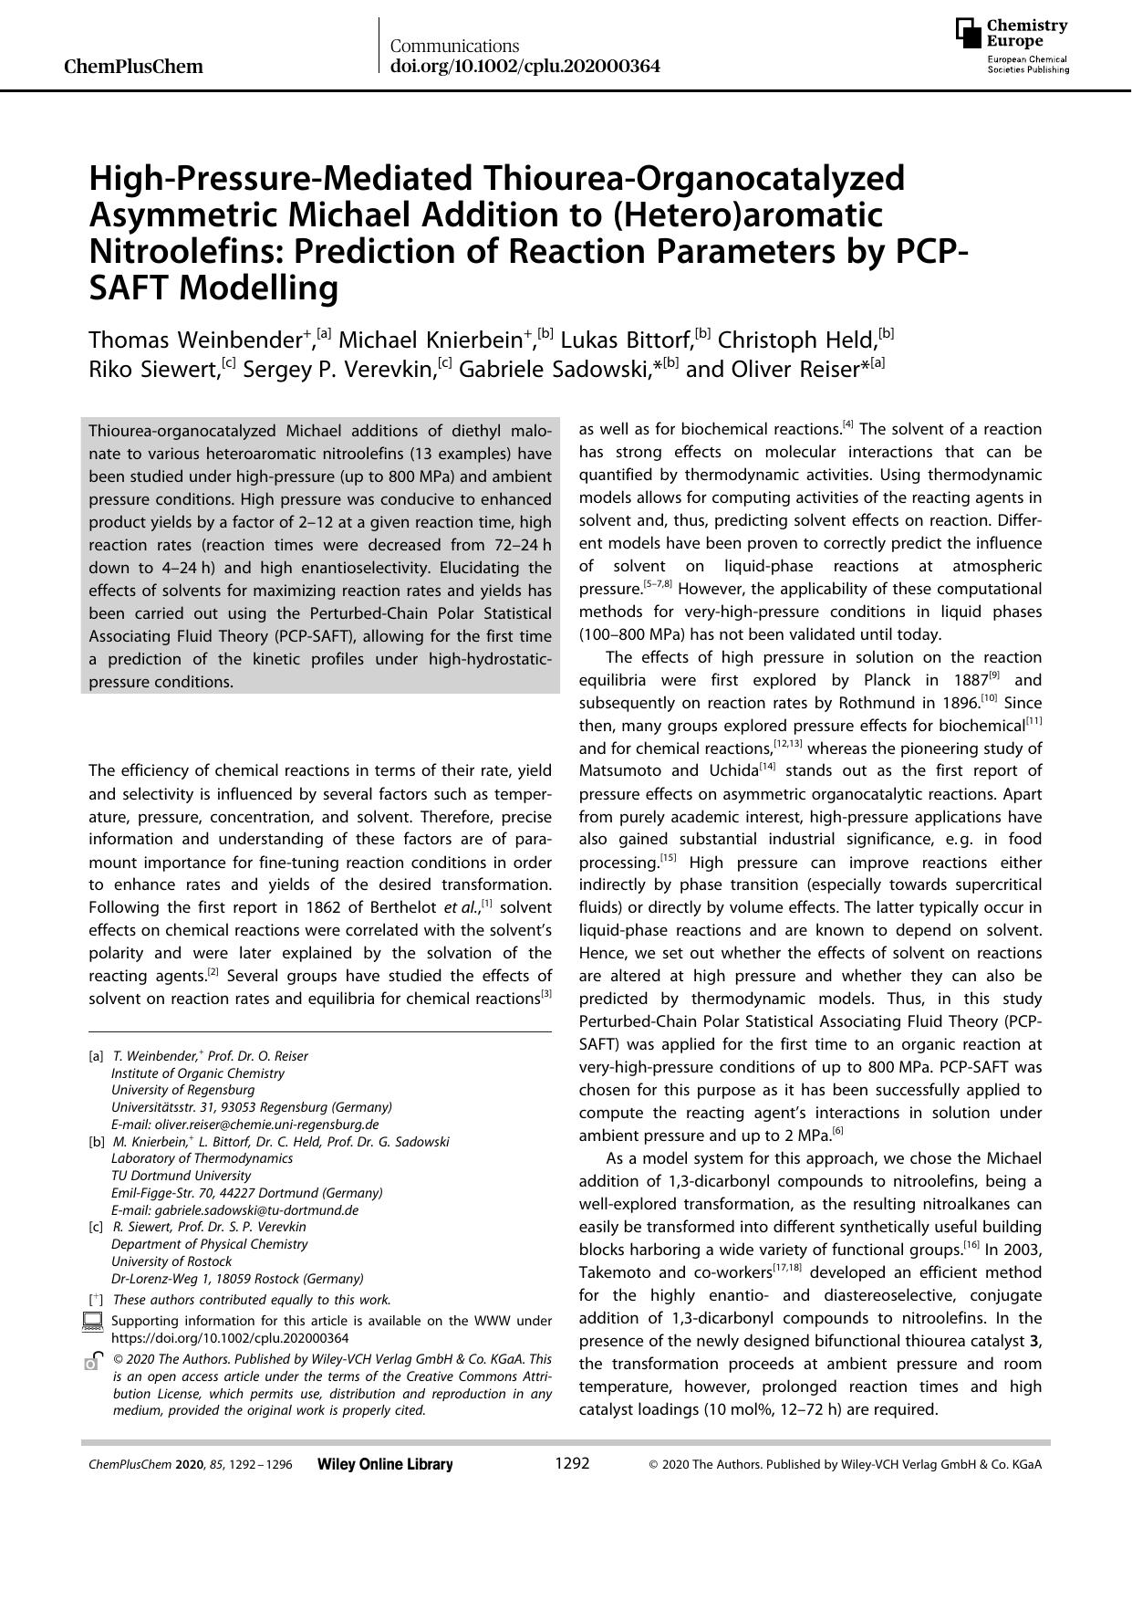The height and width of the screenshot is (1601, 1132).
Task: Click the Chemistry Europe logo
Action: [x=1012, y=46]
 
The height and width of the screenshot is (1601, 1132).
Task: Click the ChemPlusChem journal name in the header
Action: [x=134, y=67]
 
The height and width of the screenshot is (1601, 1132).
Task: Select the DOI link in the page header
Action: [x=524, y=67]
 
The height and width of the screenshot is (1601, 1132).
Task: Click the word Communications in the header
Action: [x=454, y=46]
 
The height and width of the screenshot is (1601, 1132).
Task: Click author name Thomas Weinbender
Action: [x=195, y=340]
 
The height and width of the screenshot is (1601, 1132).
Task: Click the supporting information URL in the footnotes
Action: [x=230, y=1338]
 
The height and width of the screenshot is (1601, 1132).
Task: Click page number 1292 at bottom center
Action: [x=572, y=1463]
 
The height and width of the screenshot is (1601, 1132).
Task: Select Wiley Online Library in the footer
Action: [x=385, y=1464]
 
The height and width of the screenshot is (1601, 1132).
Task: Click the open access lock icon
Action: [x=91, y=1361]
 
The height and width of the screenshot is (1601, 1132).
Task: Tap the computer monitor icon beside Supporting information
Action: [x=91, y=1321]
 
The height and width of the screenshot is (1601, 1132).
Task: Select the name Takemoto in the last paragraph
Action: [x=616, y=1273]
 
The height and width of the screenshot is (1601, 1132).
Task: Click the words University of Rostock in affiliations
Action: [x=171, y=1261]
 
